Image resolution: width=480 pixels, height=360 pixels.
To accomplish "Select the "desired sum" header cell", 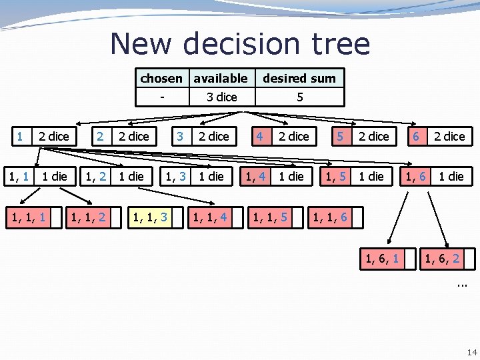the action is (299, 78).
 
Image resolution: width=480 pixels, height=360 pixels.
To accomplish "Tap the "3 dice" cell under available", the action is (221, 97).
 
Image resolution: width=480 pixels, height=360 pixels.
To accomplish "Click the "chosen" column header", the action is (161, 78).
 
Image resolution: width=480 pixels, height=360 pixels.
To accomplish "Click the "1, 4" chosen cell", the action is (256, 176).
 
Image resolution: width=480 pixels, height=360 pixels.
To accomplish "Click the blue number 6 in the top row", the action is (416, 136).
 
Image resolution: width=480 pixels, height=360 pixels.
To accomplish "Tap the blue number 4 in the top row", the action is (259, 136).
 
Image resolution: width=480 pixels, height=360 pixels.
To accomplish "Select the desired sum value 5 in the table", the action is (300, 97).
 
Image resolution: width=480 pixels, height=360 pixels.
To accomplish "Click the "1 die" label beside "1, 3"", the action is (212, 176).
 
